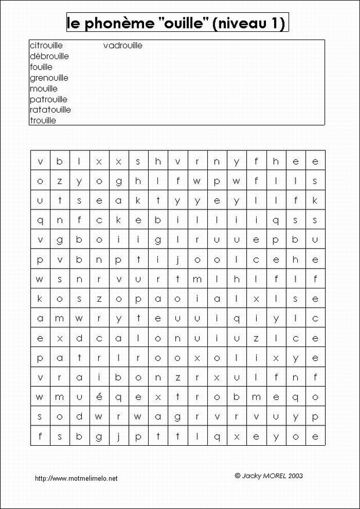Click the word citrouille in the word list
[46, 45]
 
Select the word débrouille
[49, 56]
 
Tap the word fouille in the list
[41, 67]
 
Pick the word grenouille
[49, 78]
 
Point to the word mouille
[44, 88]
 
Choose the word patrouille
[48, 99]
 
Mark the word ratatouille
[50, 110]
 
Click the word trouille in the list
[43, 121]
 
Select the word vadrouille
[123, 45]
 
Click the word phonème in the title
[116, 24]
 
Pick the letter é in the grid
[99, 397]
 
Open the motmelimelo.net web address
[76, 478]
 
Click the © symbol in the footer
[237, 475]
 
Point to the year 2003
[296, 475]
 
